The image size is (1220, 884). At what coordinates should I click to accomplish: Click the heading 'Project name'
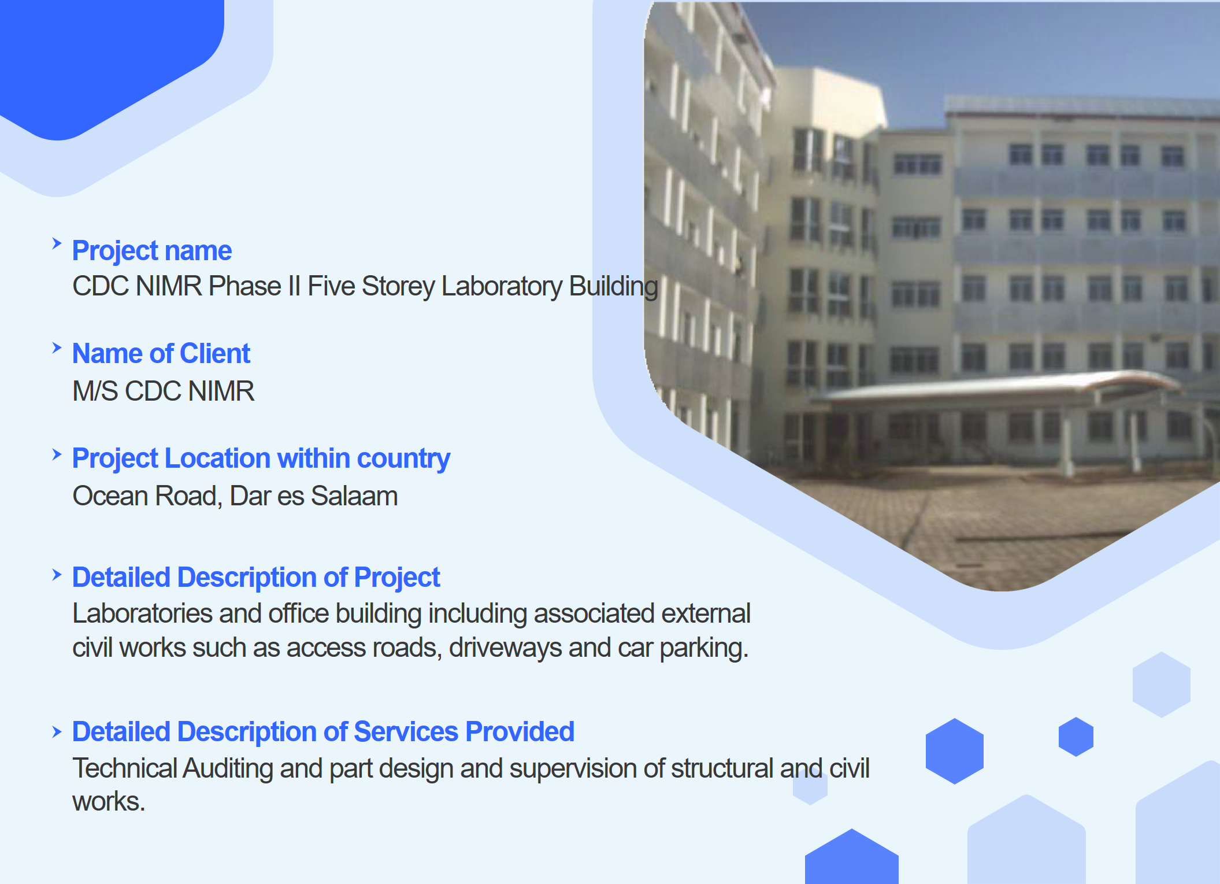pos(152,251)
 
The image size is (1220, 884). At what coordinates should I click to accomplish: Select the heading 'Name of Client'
pos(161,353)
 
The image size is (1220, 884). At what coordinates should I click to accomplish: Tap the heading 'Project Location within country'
pos(261,458)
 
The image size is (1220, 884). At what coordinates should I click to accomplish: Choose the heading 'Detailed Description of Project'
pos(256,578)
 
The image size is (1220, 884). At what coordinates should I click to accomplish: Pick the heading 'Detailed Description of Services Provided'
pos(323,732)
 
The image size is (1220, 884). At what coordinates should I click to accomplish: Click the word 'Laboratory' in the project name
pos(502,287)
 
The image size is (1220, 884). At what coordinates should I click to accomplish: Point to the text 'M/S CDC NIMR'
pos(164,391)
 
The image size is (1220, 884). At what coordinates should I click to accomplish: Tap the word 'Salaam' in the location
pos(354,496)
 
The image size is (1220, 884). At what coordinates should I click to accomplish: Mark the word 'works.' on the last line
pos(109,802)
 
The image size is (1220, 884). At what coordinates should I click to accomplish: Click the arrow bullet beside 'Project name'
pos(57,243)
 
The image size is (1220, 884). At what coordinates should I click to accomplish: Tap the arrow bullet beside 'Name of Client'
pos(57,347)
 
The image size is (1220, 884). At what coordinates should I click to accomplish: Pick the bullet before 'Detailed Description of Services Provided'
pos(57,733)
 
